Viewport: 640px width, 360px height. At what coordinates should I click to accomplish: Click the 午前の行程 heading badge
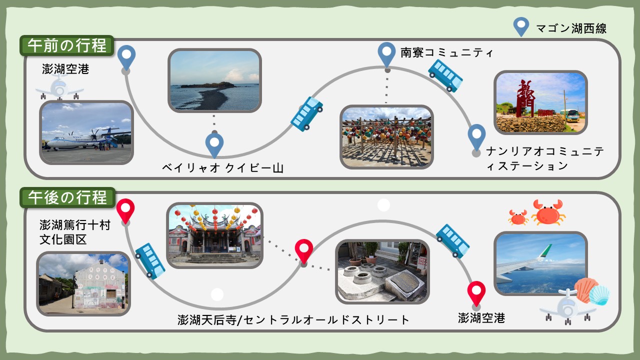67,45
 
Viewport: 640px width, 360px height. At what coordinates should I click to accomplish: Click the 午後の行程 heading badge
67,197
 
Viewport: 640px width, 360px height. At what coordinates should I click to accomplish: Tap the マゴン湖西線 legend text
571,28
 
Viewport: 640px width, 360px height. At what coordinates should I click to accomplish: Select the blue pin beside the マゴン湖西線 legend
521,26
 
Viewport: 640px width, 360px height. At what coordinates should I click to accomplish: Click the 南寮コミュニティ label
447,52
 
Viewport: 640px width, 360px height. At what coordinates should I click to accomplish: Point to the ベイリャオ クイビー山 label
223,167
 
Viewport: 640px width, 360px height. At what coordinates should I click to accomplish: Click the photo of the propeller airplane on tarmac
86,132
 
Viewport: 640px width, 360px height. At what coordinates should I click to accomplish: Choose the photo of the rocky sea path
214,80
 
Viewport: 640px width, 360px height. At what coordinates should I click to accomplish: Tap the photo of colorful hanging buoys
386,137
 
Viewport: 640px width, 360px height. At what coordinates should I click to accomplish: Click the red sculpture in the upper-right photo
526,98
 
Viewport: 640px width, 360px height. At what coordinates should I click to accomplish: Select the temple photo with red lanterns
214,235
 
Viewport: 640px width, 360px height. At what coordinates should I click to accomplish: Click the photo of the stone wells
382,271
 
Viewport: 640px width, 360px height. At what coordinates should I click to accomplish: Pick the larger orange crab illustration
547,212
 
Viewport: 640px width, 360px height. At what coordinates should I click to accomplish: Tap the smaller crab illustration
518,217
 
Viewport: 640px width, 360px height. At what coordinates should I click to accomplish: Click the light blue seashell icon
599,295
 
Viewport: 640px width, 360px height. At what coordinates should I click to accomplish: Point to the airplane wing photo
540,263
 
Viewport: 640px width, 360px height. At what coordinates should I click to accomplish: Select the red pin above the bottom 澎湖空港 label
476,293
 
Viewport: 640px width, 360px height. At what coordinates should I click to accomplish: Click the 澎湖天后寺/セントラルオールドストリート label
293,319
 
